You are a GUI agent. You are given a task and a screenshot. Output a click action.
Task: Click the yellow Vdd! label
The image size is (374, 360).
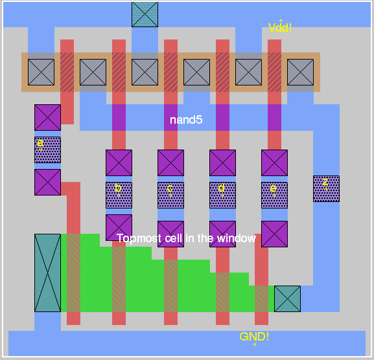(280, 28)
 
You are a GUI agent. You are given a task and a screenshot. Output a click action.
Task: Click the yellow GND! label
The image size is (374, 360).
(254, 337)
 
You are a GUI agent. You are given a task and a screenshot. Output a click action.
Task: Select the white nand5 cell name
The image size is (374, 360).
(186, 120)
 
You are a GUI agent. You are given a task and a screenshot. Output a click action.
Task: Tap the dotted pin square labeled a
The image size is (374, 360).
(47, 150)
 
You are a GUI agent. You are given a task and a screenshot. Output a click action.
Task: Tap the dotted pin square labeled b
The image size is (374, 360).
(119, 195)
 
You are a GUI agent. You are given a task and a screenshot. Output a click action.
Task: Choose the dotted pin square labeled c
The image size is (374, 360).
(170, 195)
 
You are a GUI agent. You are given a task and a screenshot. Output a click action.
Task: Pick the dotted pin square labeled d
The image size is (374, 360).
(222, 195)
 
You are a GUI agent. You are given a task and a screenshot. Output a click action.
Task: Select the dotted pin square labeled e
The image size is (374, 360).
(274, 195)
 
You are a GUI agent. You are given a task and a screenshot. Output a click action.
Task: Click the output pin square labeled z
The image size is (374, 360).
(326, 188)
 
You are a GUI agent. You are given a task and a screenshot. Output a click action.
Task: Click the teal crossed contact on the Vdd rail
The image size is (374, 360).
(145, 14)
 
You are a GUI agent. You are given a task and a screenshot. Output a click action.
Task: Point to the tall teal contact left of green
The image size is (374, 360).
(47, 273)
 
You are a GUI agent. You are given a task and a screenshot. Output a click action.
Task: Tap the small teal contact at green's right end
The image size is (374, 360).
(287, 298)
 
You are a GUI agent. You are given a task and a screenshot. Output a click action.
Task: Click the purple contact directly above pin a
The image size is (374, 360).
(47, 117)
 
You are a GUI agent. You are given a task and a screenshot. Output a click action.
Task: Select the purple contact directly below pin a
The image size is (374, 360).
(47, 182)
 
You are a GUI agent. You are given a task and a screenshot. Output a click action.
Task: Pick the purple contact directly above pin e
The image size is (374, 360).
(274, 163)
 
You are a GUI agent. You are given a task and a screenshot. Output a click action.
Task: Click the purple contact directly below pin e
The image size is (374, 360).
(274, 234)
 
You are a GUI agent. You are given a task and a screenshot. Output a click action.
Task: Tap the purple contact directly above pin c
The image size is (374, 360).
(170, 163)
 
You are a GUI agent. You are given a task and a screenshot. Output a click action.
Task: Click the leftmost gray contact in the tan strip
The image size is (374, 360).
(41, 72)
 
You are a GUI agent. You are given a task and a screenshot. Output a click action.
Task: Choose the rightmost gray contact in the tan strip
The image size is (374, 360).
(300, 72)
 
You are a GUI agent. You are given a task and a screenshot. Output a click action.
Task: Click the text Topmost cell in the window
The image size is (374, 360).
(186, 238)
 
